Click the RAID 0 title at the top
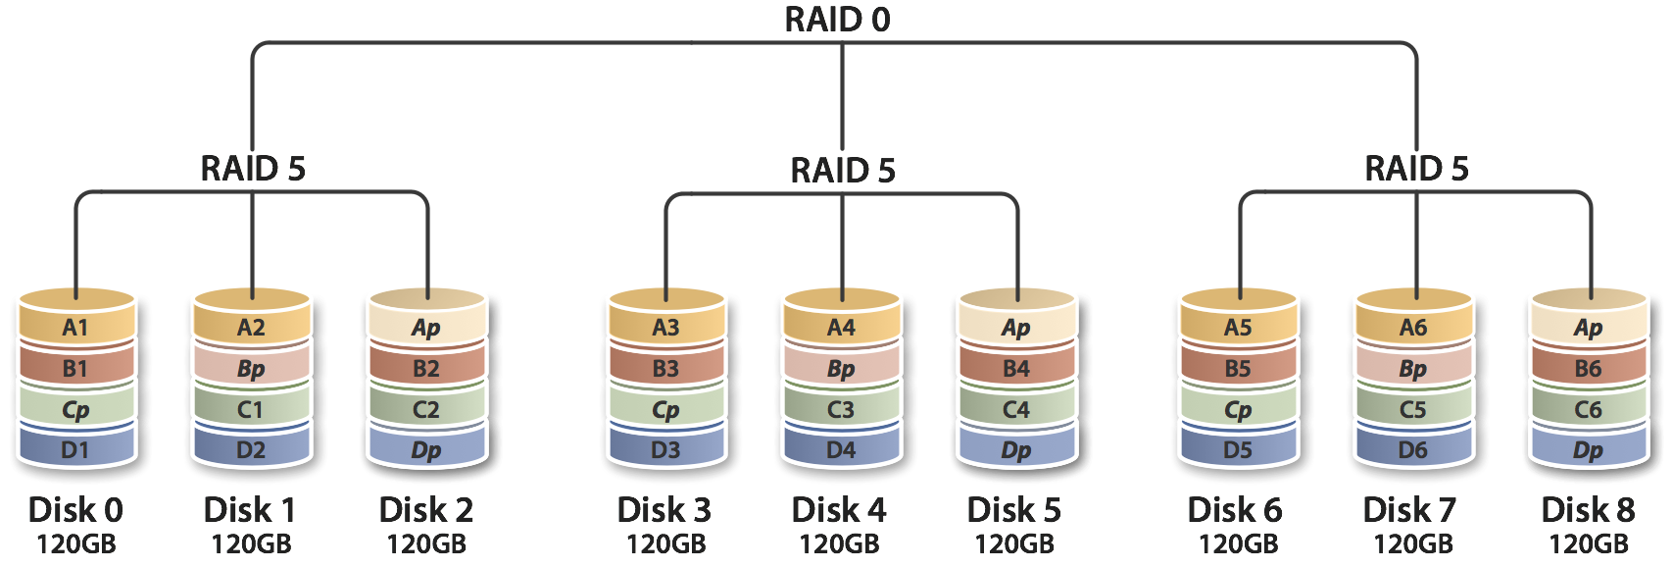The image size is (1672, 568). [x=838, y=20]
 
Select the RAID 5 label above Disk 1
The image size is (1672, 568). [x=253, y=169]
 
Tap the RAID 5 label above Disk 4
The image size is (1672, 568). [x=843, y=171]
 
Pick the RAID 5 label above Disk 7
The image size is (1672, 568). [x=1417, y=169]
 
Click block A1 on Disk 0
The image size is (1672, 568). [x=75, y=328]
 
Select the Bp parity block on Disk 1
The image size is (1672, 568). [x=251, y=369]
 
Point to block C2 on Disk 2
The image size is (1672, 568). [x=426, y=409]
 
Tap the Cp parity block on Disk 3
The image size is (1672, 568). [x=665, y=409]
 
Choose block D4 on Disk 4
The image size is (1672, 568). [x=841, y=450]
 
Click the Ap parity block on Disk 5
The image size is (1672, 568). [x=1016, y=328]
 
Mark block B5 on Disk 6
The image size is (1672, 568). [x=1238, y=369]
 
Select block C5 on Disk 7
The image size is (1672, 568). [x=1413, y=409]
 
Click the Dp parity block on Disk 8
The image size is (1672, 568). [x=1589, y=450]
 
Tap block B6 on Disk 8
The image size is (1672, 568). [x=1589, y=369]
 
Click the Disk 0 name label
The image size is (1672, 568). [x=75, y=510]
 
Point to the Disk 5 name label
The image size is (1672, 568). [x=1014, y=510]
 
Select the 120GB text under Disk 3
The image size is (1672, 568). [x=665, y=543]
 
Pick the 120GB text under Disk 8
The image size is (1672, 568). [x=1589, y=543]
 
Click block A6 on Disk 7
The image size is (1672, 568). [x=1413, y=328]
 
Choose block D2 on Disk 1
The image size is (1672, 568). [x=251, y=450]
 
